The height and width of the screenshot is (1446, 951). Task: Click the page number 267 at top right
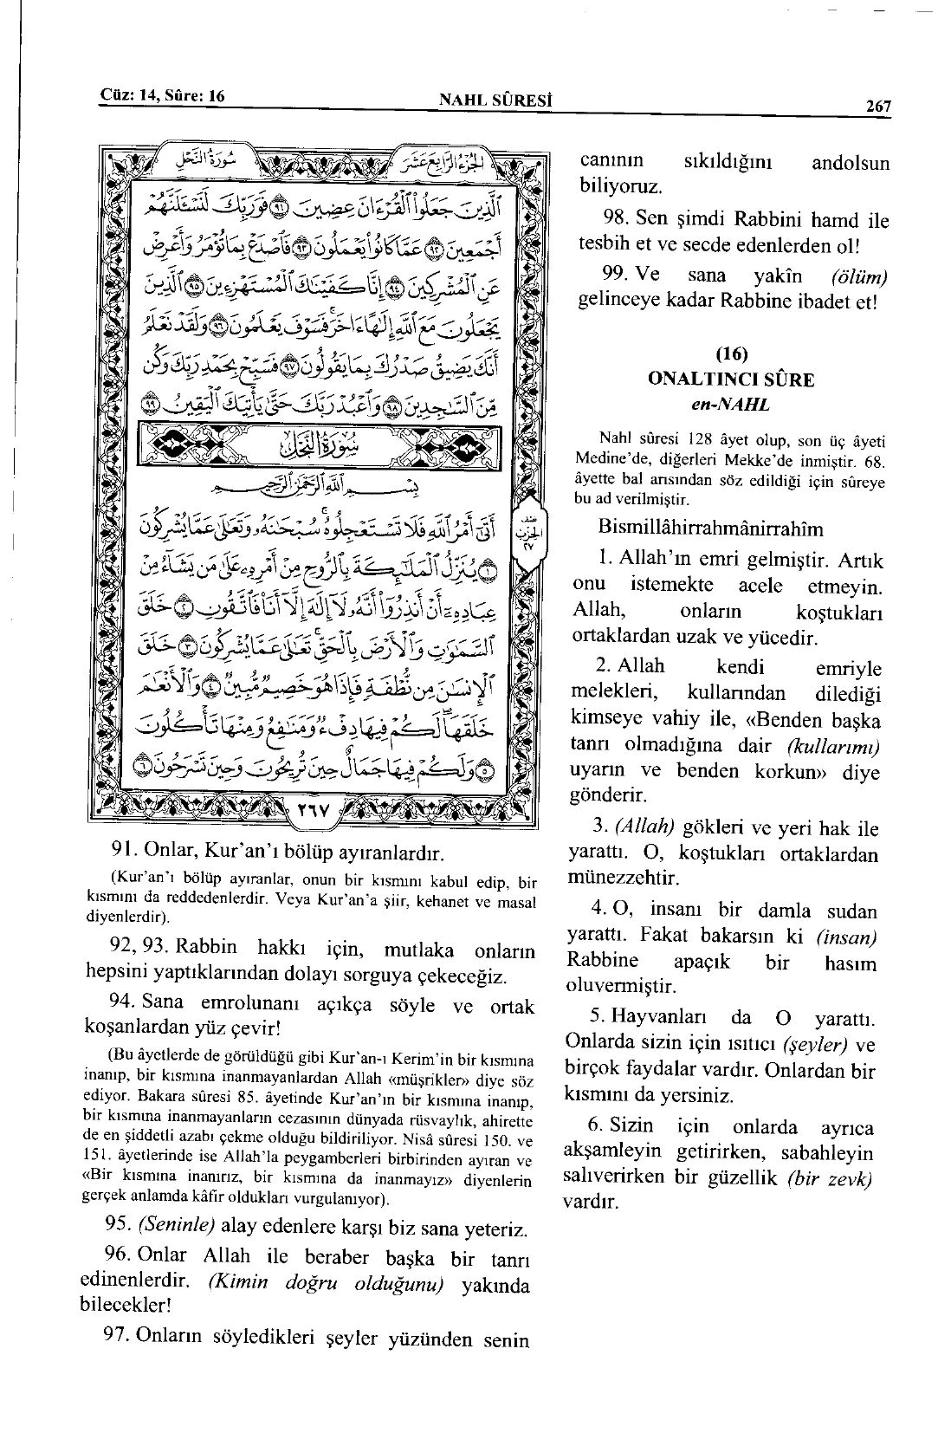point(877,107)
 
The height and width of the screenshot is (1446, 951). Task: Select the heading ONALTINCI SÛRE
point(731,379)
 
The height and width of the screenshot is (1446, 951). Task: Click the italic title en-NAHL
point(731,403)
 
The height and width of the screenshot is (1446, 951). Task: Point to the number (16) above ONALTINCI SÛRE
point(731,354)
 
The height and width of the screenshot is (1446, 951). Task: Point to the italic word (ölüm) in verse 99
point(858,277)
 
